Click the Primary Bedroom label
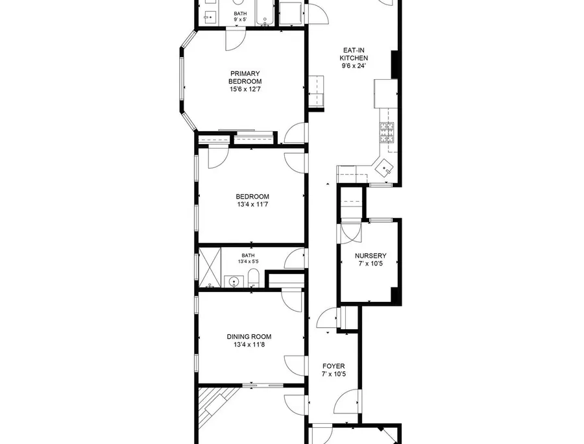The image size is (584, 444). [245, 77]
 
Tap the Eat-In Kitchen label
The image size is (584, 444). [354, 54]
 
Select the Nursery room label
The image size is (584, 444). [371, 256]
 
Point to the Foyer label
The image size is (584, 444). [334, 366]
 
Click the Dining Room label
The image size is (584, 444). [249, 337]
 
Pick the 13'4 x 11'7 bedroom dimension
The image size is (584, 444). [252, 204]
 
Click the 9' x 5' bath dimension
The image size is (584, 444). [240, 19]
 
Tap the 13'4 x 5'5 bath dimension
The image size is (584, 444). [249, 262]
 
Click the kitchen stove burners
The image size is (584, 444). [387, 132]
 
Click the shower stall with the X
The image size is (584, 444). [210, 267]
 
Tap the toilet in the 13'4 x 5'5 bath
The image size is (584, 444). [253, 278]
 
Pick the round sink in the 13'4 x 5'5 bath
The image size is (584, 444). [234, 282]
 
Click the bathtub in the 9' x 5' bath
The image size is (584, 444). [265, 13]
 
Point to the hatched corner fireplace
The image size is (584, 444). [216, 405]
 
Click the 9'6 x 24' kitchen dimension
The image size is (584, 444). [354, 66]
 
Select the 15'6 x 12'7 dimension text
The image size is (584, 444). [245, 90]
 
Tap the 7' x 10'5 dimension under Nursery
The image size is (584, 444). [371, 264]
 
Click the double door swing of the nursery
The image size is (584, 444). [350, 234]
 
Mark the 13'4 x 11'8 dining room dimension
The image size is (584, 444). [249, 345]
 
